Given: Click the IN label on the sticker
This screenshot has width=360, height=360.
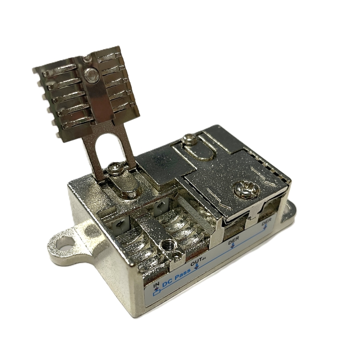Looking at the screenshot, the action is click(156, 285).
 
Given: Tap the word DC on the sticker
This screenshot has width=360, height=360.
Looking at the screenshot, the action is click(167, 282).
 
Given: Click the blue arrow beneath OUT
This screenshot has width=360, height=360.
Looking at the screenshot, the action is click(197, 266).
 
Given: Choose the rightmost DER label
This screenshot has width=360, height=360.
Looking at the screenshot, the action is click(266, 221).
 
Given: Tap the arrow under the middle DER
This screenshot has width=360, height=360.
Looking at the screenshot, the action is click(233, 246).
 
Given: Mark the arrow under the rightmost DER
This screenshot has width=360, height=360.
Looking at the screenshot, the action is click(265, 227).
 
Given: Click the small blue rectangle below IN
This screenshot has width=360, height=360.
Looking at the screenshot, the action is click(156, 293).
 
